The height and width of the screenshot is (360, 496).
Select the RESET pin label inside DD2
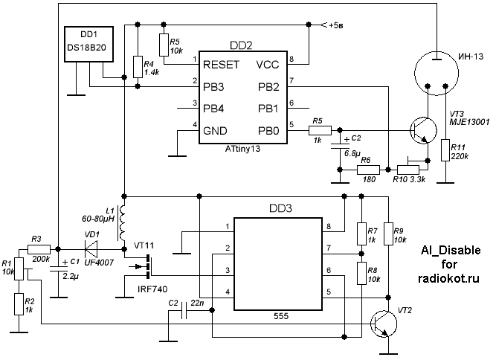click(x=221, y=64)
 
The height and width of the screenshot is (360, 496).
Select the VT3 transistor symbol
click(x=424, y=131)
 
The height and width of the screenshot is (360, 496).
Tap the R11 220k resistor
click(x=444, y=150)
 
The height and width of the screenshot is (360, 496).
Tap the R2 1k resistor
click(x=19, y=303)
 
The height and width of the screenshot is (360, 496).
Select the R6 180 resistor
click(x=364, y=169)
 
